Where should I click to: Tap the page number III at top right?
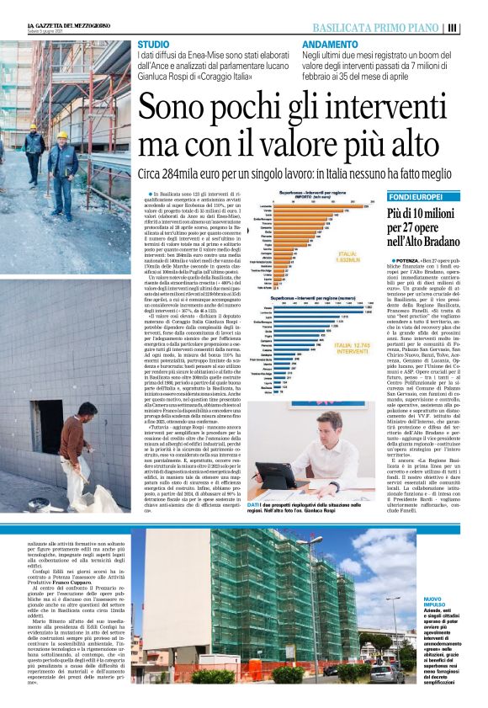(x=475, y=27)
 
